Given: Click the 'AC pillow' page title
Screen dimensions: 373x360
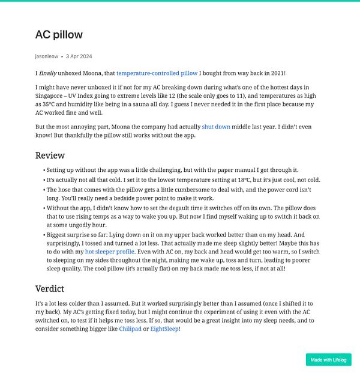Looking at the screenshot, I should (59, 35).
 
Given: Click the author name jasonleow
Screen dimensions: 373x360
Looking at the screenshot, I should (47, 56).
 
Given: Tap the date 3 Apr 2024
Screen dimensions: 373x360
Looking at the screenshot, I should (79, 56).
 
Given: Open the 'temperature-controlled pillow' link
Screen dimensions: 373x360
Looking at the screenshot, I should (157, 73).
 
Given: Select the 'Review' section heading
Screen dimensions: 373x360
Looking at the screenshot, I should (50, 156).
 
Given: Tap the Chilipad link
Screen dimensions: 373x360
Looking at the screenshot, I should (130, 329).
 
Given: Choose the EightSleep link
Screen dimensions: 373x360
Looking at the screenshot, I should (164, 329).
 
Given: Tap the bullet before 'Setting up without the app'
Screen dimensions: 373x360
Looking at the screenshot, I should (44, 171).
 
